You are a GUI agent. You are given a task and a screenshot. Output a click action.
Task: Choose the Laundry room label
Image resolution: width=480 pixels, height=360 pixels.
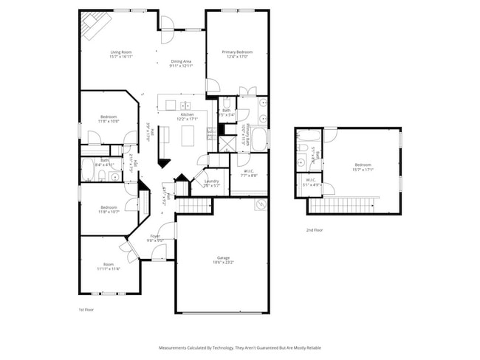[x=211, y=182]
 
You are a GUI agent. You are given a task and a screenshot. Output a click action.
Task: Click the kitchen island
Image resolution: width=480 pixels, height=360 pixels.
[x=188, y=135]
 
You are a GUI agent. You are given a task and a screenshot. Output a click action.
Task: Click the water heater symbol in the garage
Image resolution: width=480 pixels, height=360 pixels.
[x=260, y=204]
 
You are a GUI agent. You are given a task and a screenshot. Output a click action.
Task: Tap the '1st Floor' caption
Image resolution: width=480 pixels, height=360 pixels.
[x=86, y=310]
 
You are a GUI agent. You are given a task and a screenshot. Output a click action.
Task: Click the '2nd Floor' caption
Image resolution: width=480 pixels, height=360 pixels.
[x=314, y=230]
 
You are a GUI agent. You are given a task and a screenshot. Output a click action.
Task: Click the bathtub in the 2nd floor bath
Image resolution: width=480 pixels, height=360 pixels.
[x=309, y=136]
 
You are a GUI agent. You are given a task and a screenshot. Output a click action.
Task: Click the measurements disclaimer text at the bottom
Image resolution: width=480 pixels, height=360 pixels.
[x=240, y=347]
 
